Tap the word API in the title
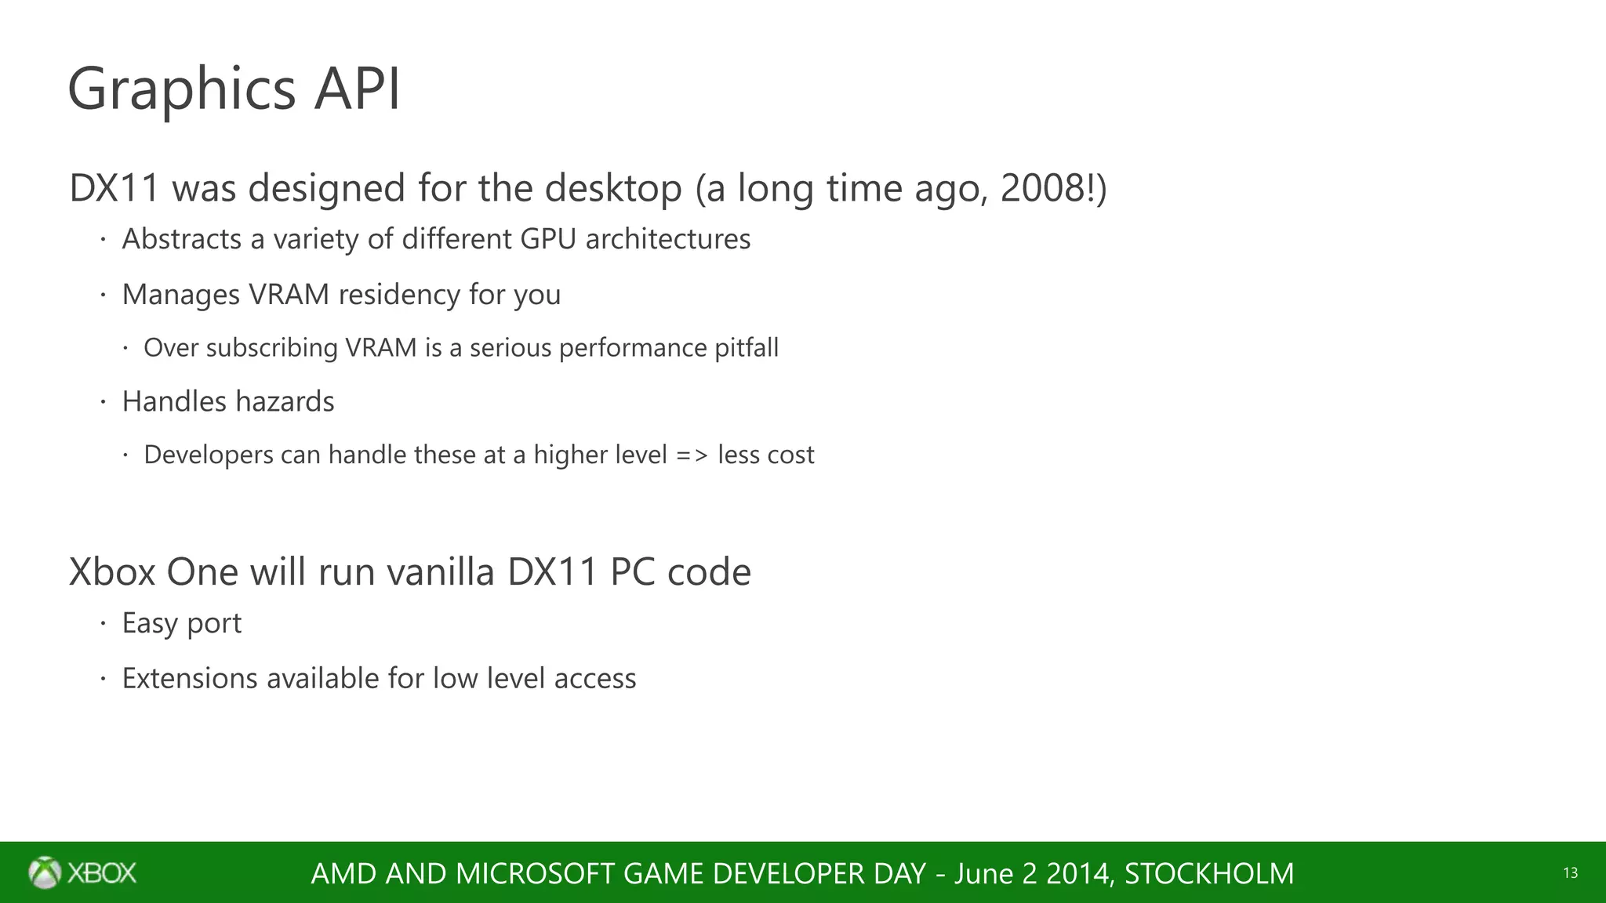(x=358, y=88)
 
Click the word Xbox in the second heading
(x=112, y=571)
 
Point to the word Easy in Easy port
(x=149, y=623)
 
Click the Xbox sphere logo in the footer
(x=45, y=872)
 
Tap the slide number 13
(x=1570, y=873)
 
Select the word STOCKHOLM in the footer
(x=1208, y=873)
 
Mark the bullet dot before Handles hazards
(x=102, y=402)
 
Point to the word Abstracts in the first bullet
(x=182, y=239)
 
